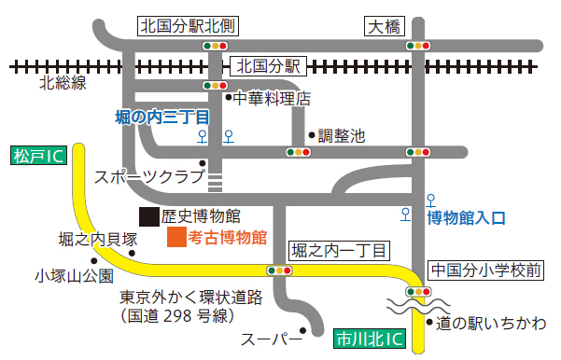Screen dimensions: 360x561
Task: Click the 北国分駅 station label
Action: point(270,66)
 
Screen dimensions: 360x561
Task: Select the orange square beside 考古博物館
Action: point(175,237)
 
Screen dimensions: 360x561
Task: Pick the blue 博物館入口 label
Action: point(466,218)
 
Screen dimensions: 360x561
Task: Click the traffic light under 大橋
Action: point(417,45)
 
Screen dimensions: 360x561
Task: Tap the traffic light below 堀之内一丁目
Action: point(279,270)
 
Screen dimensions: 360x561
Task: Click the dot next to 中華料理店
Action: point(227,96)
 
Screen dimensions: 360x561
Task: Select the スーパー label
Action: point(267,337)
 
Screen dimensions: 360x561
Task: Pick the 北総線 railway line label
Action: point(63,83)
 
